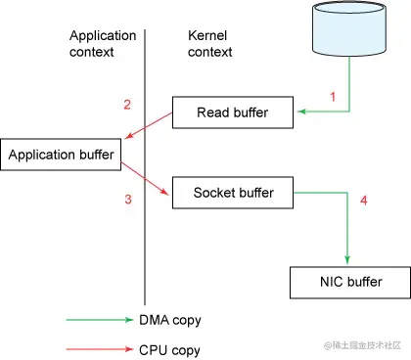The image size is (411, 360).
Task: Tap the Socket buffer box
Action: pyautogui.click(x=233, y=191)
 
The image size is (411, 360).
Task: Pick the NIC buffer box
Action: pyautogui.click(x=348, y=283)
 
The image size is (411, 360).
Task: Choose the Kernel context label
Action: pyautogui.click(x=209, y=42)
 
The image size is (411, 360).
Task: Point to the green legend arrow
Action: pyautogui.click(x=98, y=319)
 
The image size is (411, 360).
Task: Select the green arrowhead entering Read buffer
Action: pyautogui.click(x=302, y=113)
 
